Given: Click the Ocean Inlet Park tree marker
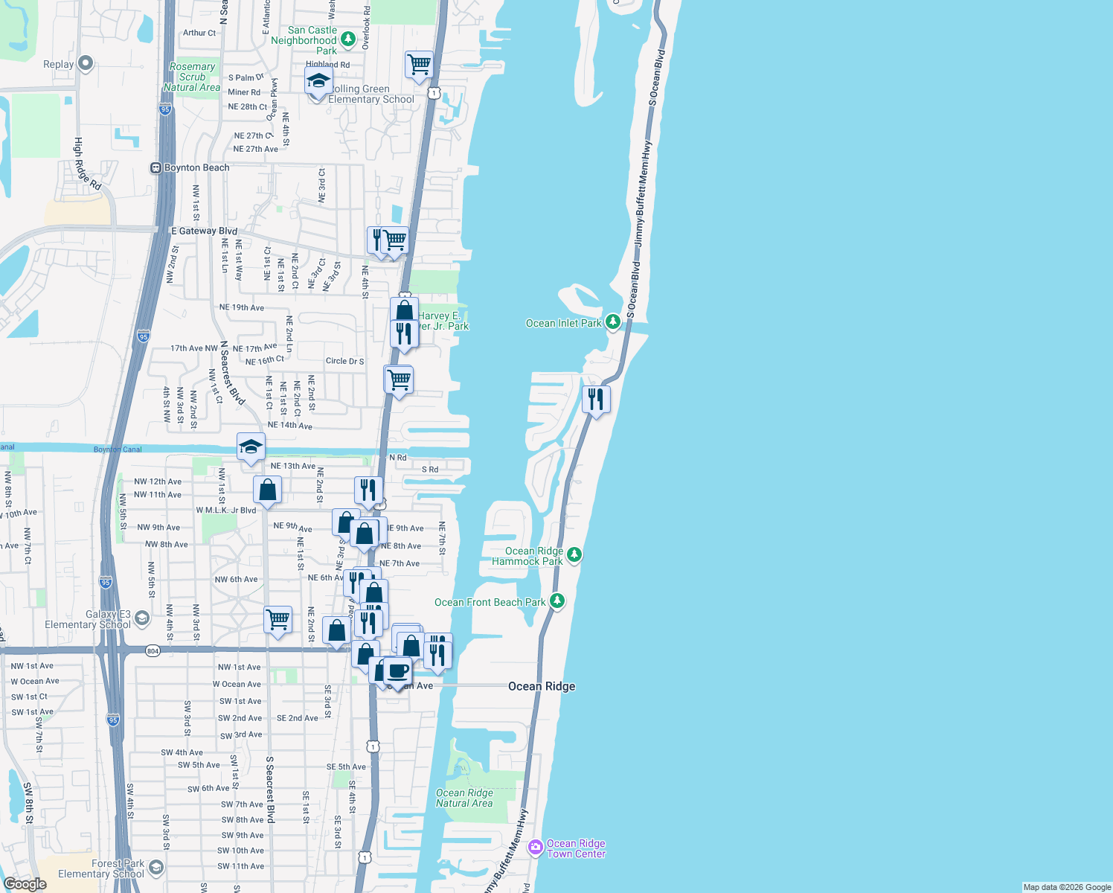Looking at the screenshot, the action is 612,322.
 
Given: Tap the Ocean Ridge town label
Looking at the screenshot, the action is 542,686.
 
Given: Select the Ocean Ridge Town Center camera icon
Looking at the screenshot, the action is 535,848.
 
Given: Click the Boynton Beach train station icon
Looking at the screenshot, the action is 156,168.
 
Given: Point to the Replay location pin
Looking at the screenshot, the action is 86,63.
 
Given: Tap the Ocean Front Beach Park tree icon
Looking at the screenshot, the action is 557,601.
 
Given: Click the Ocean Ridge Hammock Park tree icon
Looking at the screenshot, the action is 574,554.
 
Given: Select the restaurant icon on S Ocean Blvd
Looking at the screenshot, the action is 595,399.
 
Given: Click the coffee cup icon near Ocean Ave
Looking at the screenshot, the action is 397,670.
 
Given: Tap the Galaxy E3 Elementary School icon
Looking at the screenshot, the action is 142,618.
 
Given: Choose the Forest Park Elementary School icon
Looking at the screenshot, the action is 155,868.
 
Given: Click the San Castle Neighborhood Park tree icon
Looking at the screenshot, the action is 347,39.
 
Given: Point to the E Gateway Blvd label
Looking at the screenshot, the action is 204,231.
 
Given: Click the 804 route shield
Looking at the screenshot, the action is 153,651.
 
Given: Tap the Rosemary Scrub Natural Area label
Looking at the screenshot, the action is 192,77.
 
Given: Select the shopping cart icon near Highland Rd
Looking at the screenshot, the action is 419,64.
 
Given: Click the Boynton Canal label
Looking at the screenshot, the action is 118,449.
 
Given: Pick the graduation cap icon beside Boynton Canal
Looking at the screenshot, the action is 251,446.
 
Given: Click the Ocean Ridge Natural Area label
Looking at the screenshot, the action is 464,798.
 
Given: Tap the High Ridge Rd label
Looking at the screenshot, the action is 86,164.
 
